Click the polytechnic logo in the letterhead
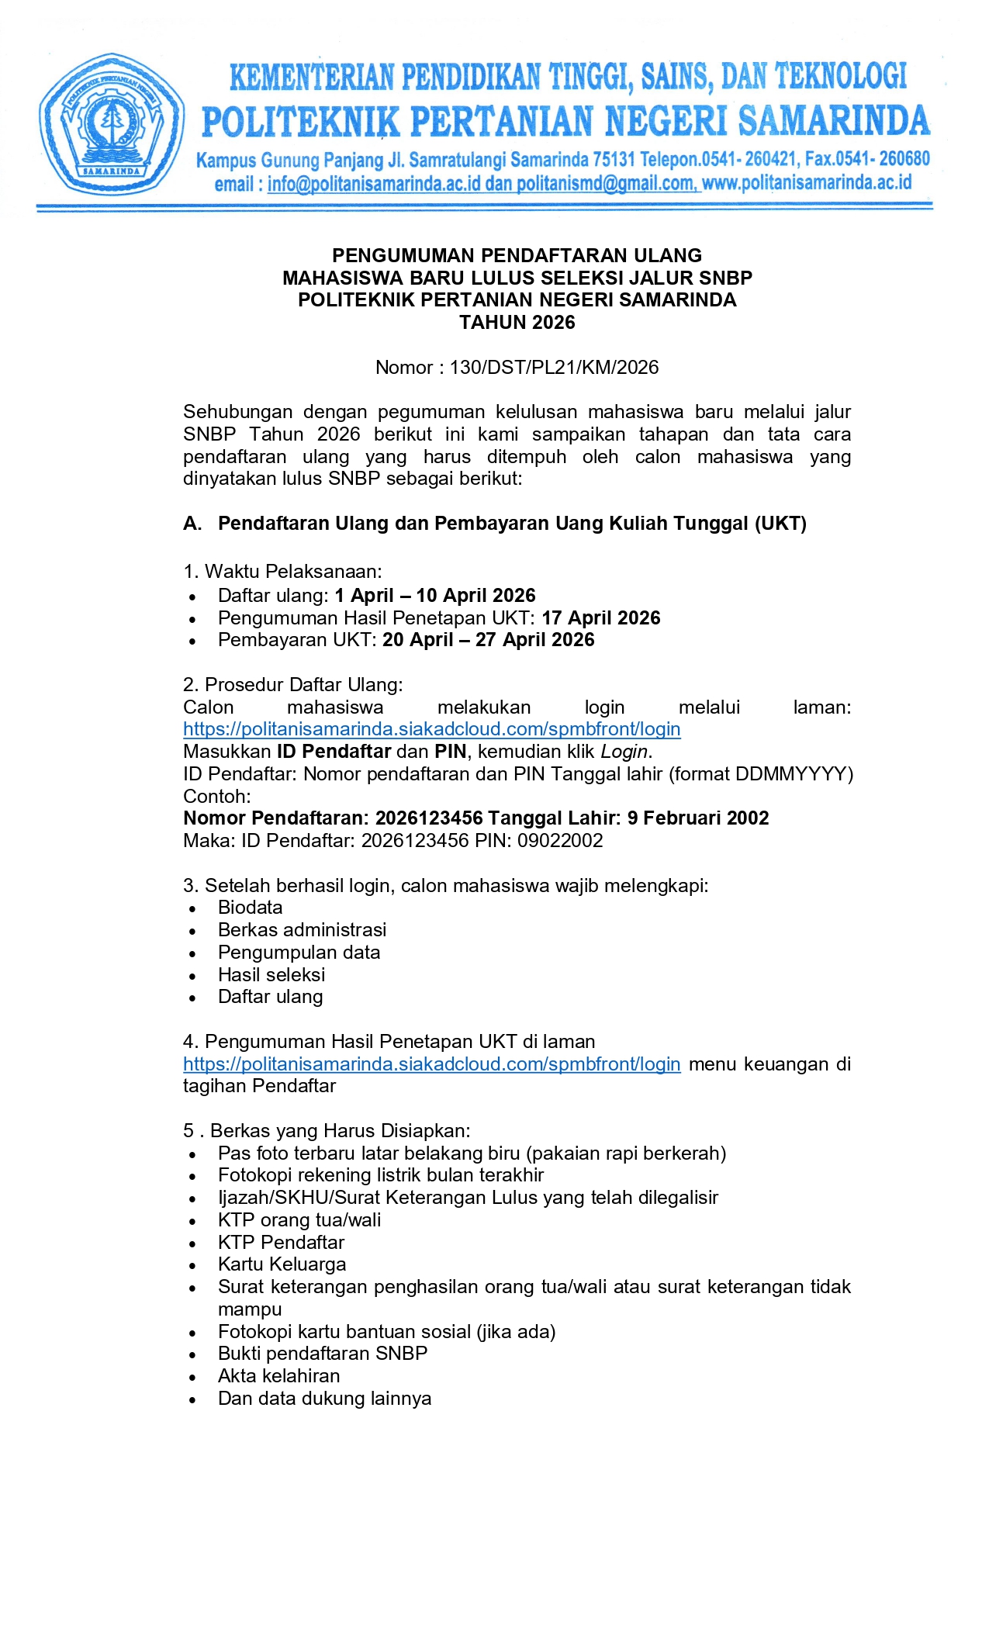point(112,123)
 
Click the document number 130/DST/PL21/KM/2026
point(554,368)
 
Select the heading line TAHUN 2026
point(517,323)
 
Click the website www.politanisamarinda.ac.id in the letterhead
point(807,183)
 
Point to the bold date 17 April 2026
point(601,618)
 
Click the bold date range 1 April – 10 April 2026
point(435,596)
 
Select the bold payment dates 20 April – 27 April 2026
point(489,640)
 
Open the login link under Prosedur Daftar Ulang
point(431,729)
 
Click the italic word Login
point(624,752)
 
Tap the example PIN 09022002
point(561,841)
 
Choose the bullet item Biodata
point(250,908)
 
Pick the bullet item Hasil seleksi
point(271,975)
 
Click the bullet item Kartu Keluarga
point(282,1264)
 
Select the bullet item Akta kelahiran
point(278,1376)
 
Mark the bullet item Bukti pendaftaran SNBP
point(323,1354)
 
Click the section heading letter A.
point(192,524)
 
